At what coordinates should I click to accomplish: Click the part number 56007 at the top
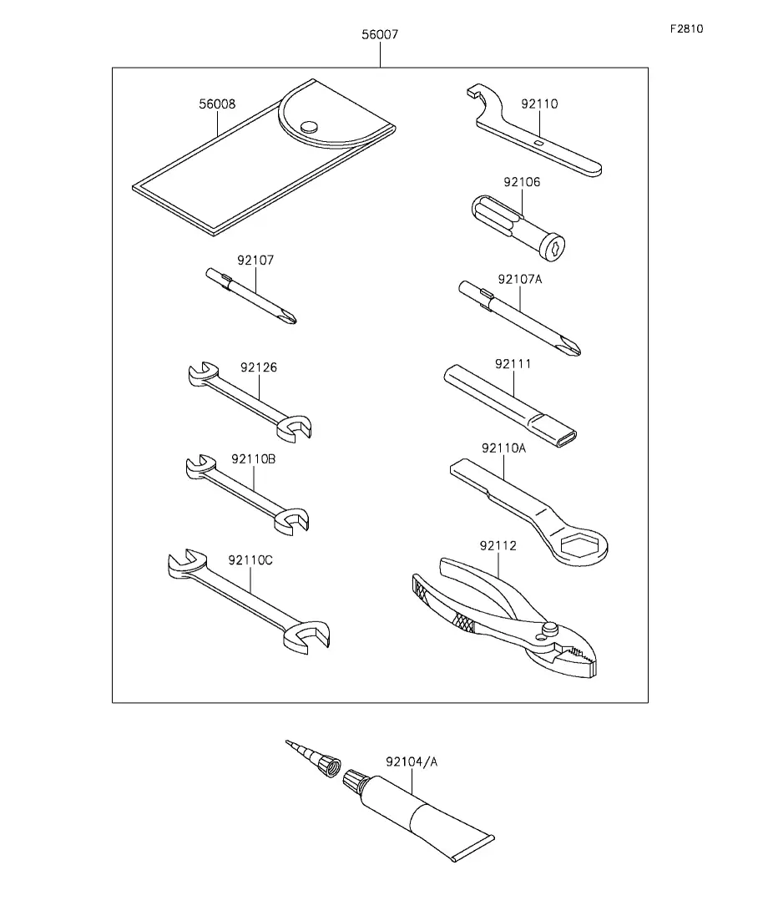coord(380,35)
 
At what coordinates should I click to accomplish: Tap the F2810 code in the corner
coord(686,28)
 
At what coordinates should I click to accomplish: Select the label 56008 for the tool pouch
coord(217,104)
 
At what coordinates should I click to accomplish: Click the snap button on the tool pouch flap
coord(308,126)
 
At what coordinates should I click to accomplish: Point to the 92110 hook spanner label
coord(539,104)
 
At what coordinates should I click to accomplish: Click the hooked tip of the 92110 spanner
coord(474,91)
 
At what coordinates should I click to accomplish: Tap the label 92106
coord(522,182)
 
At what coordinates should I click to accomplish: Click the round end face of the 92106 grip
coord(553,246)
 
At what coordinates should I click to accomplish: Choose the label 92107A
coord(520,280)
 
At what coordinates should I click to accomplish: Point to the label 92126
coord(259,367)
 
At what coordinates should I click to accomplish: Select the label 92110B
coord(253,459)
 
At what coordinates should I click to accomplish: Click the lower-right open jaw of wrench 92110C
coord(306,637)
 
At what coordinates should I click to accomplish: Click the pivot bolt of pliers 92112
coord(550,629)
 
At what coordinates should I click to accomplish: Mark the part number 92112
coord(498,546)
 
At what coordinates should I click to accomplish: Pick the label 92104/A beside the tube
coord(412,762)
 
